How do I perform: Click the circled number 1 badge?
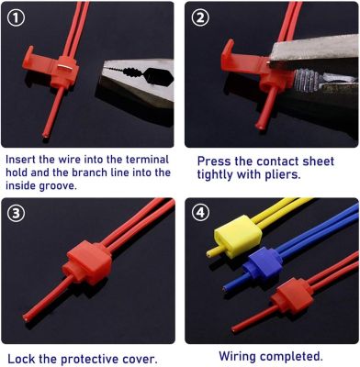(16, 18)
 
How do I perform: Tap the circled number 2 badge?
(200, 18)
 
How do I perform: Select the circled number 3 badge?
(16, 213)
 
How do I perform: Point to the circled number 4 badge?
(200, 213)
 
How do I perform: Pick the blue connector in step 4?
(263, 266)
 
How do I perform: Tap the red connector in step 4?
(292, 296)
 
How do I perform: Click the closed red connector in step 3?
(87, 262)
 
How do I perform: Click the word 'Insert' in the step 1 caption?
(20, 160)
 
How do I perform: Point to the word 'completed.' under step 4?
(292, 356)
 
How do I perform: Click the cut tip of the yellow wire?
(208, 253)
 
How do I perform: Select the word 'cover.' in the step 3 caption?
(139, 359)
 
